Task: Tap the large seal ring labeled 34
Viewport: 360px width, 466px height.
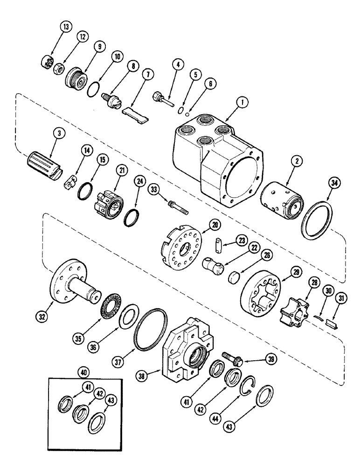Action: click(x=318, y=219)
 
